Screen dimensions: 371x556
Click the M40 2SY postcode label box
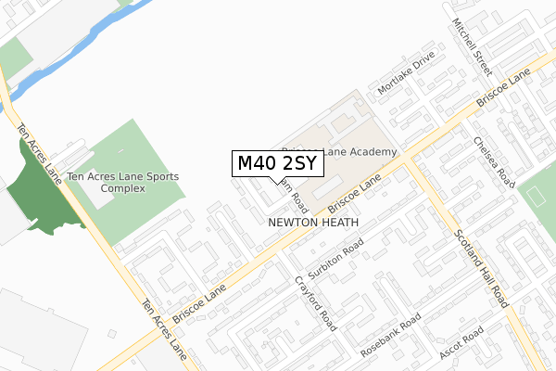pyautogui.click(x=277, y=163)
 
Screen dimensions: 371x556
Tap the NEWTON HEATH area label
pyautogui.click(x=307, y=223)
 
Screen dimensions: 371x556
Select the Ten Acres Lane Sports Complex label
pyautogui.click(x=123, y=182)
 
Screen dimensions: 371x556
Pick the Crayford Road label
pyautogui.click(x=315, y=302)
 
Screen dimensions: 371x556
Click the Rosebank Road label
pyautogui.click(x=390, y=335)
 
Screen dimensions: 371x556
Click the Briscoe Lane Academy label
pyautogui.click(x=339, y=151)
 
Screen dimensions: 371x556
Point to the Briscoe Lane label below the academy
pyautogui.click(x=355, y=188)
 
